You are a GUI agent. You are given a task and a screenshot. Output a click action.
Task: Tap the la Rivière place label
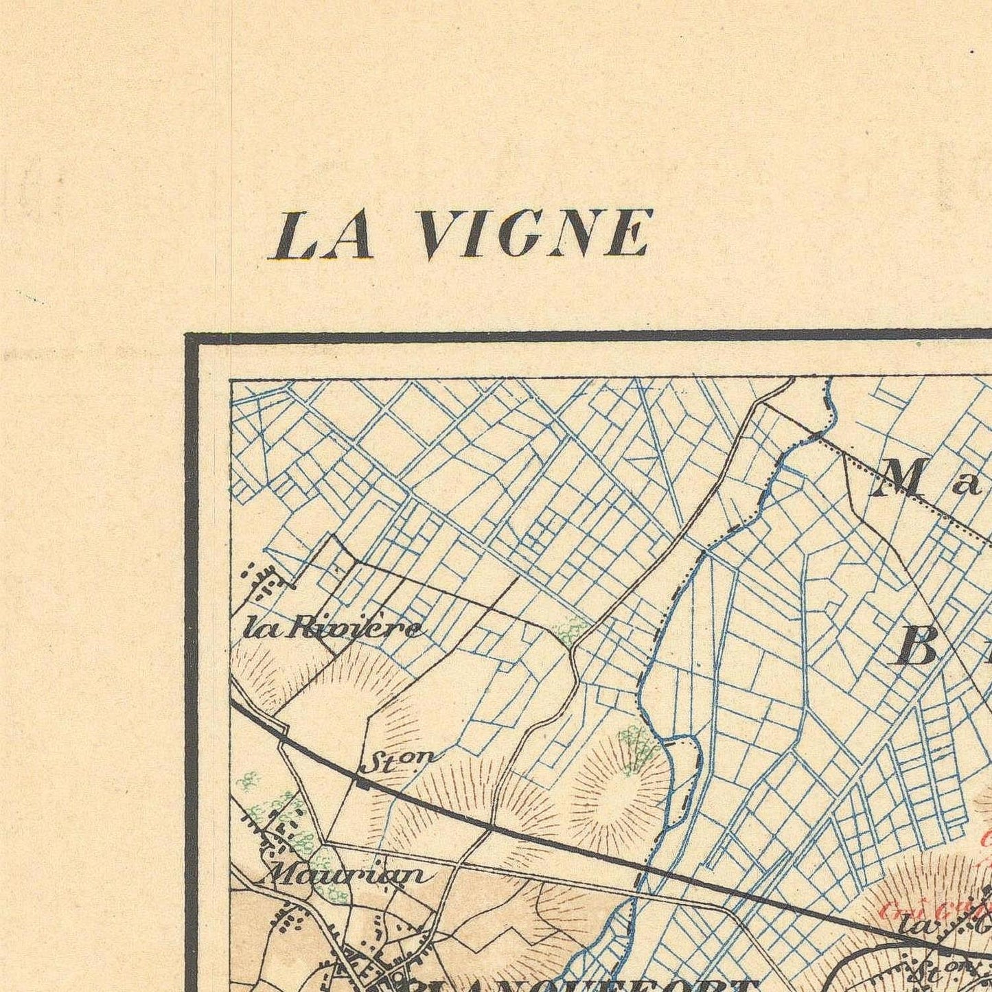334,629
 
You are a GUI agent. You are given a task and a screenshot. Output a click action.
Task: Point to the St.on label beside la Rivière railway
397,761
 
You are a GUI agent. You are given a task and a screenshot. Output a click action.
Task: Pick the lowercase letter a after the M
969,485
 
